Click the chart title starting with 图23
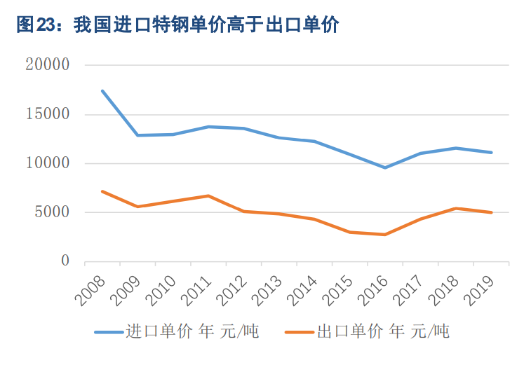[x=177, y=26]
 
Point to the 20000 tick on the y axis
[x=47, y=65]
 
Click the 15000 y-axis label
[x=47, y=114]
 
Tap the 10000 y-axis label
[x=47, y=163]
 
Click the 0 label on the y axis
[x=65, y=261]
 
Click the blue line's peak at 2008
[x=102, y=91]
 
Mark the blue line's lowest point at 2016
[x=385, y=167]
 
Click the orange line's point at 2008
[x=102, y=191]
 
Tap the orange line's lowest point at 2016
[x=385, y=235]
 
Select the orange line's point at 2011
[x=208, y=195]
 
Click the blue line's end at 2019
[x=491, y=152]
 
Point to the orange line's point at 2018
[x=456, y=208]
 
